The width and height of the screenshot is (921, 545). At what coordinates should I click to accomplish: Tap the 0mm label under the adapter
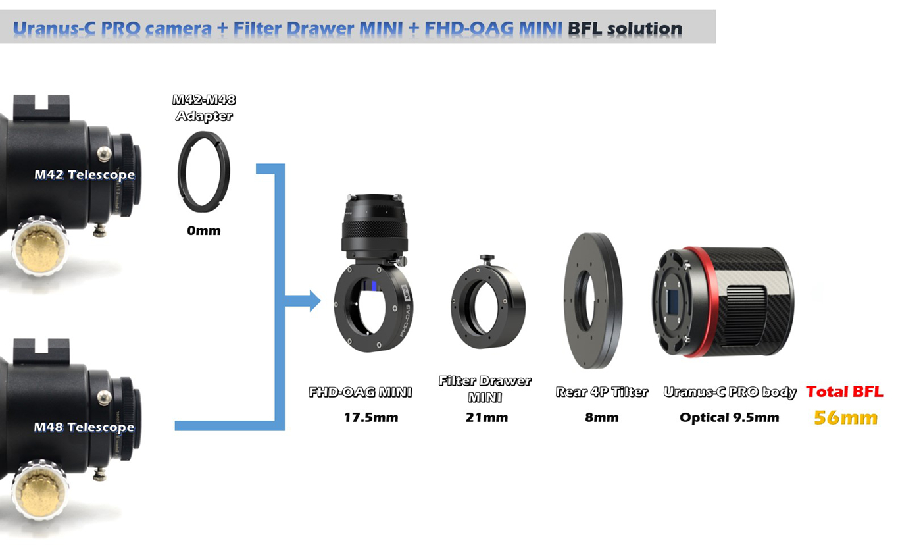pyautogui.click(x=204, y=231)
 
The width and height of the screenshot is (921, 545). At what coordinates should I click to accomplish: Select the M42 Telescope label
pyautogui.click(x=85, y=175)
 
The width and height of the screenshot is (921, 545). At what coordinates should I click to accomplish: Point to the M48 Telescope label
pyautogui.click(x=84, y=427)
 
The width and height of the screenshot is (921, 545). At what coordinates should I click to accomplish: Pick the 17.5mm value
pyautogui.click(x=371, y=417)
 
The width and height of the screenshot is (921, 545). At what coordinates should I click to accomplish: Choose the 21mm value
pyautogui.click(x=487, y=417)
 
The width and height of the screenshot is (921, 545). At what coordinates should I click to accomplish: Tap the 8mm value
pyautogui.click(x=602, y=417)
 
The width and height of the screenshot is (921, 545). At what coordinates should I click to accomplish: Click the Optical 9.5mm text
pyautogui.click(x=730, y=417)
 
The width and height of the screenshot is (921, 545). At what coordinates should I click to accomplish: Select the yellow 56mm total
pyautogui.click(x=846, y=418)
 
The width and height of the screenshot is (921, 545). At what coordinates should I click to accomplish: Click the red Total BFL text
pyautogui.click(x=845, y=392)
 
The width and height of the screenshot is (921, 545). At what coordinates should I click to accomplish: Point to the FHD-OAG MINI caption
pyautogui.click(x=361, y=392)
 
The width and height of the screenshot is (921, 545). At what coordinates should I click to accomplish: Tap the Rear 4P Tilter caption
pyautogui.click(x=602, y=392)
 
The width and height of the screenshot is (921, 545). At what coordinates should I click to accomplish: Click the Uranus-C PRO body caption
pyautogui.click(x=730, y=392)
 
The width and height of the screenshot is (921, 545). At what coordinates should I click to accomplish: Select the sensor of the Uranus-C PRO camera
pyautogui.click(x=672, y=301)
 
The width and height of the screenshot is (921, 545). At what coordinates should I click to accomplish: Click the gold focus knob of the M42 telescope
pyautogui.click(x=40, y=248)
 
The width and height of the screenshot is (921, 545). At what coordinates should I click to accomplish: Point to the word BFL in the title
pyautogui.click(x=585, y=28)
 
